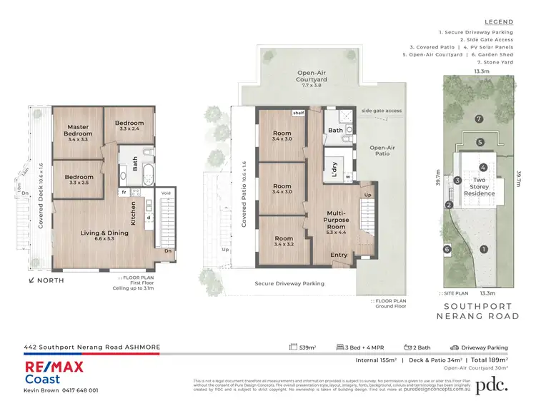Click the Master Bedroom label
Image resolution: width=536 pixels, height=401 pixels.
tap(78, 131)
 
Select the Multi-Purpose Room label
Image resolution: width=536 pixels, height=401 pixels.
tap(337, 220)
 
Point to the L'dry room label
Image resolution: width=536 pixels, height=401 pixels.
tap(334, 168)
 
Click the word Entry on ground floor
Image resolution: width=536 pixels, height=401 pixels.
tap(339, 255)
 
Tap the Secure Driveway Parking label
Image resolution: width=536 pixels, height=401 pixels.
tap(289, 283)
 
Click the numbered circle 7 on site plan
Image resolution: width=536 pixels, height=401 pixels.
tap(480, 118)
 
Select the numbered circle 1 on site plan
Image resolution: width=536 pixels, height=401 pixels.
tap(484, 249)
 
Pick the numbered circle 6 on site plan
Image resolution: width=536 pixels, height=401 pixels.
tap(447, 249)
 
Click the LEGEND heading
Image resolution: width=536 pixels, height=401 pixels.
tap(499, 22)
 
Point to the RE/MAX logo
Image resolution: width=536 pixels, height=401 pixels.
tap(54, 368)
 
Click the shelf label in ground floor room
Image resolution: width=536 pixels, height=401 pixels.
tap(298, 113)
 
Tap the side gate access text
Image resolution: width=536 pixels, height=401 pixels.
tap(382, 111)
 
